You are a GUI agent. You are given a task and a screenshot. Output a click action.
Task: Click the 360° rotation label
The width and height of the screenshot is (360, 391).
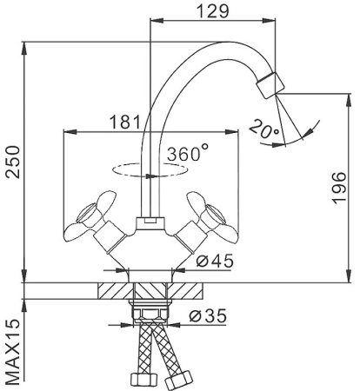[x=189, y=154]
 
